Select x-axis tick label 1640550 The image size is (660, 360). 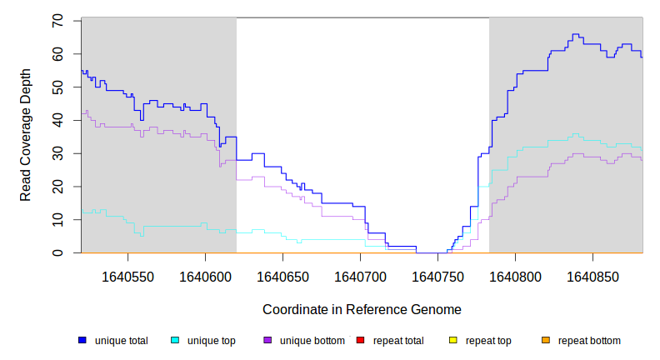(x=127, y=275)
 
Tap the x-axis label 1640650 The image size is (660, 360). (x=282, y=275)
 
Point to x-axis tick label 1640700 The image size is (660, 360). (x=361, y=275)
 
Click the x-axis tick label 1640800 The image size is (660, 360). (x=516, y=275)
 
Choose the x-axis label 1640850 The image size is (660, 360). (x=593, y=275)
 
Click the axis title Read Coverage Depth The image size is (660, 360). (x=26, y=135)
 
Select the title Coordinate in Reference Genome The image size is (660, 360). (x=362, y=309)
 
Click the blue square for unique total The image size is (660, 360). (x=82, y=341)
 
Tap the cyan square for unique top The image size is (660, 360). (x=175, y=341)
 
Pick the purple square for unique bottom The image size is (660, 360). (x=267, y=341)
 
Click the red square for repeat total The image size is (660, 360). (x=360, y=341)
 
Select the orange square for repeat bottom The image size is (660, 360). (x=545, y=341)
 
